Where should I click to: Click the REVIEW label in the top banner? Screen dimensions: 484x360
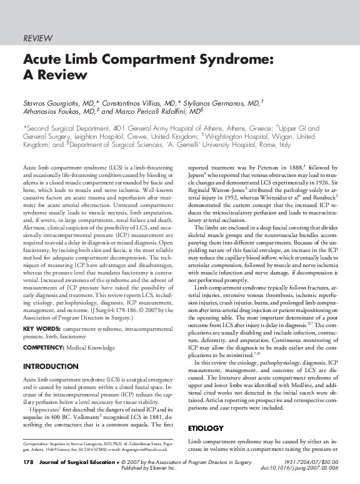(x=37, y=39)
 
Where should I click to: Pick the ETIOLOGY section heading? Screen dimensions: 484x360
(x=206, y=428)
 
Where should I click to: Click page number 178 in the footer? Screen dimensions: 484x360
(x=28, y=462)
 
